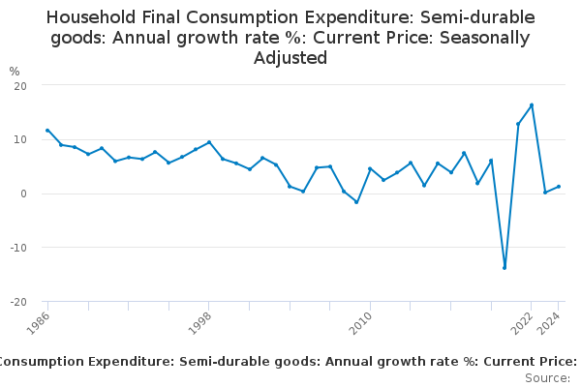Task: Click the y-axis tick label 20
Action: click(19, 85)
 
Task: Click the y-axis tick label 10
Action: click(19, 139)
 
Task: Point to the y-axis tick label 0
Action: click(22, 193)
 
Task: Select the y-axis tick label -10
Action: click(17, 248)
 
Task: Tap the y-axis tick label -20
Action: click(17, 302)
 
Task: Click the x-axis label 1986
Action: click(38, 321)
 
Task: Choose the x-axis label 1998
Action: click(199, 321)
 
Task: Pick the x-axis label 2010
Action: click(360, 321)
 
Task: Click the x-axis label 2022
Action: click(521, 321)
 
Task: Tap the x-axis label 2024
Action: click(548, 321)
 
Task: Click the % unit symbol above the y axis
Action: click(14, 72)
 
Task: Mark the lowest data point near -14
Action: click(505, 268)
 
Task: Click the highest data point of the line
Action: click(532, 105)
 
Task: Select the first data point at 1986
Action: click(47, 131)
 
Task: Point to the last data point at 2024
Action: click(559, 187)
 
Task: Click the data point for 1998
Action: click(209, 142)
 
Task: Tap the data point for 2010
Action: click(370, 168)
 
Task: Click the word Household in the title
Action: click(93, 17)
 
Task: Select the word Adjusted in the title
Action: click(290, 58)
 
